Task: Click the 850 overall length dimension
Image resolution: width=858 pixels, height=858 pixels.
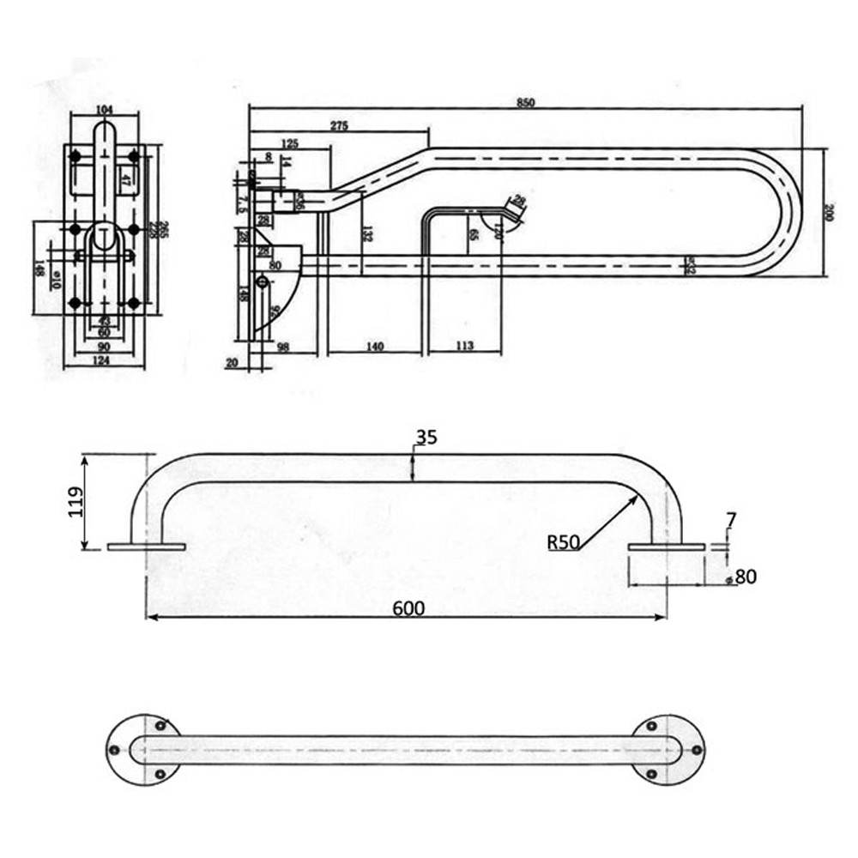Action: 526,102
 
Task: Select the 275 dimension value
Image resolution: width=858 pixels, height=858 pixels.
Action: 339,125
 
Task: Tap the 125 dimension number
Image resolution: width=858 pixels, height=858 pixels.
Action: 289,142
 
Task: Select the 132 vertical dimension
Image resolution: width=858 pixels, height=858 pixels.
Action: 366,233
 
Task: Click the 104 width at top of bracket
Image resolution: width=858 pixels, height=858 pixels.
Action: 105,111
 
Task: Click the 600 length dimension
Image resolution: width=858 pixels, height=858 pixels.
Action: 408,607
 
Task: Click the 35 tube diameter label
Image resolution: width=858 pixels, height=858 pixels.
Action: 426,437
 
